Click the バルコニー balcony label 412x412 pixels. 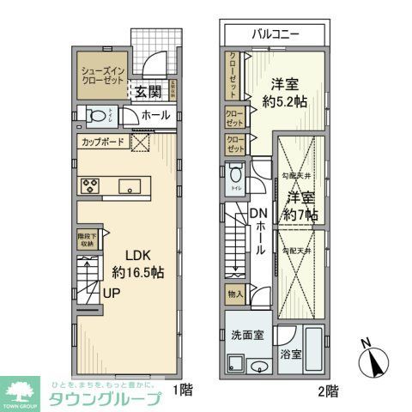[x=276, y=35]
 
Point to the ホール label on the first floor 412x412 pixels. [x=155, y=115]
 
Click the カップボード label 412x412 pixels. [x=103, y=142]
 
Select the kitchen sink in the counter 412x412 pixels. [x=130, y=185]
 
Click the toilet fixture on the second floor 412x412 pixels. [x=237, y=180]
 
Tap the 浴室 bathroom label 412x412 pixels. [x=289, y=353]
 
